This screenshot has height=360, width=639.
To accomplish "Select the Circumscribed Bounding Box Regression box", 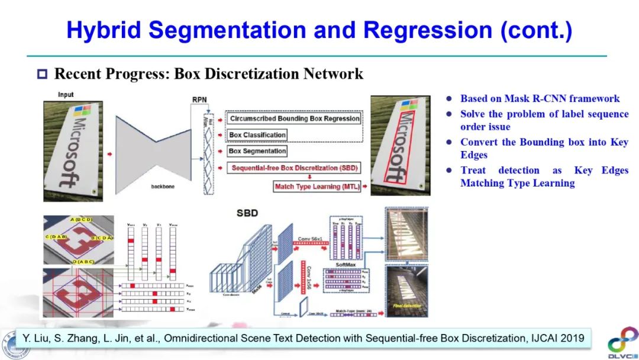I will coord(294,118).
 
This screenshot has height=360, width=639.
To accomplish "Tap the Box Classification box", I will coord(257,135).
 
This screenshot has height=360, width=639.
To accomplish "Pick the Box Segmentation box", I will coord(257,151).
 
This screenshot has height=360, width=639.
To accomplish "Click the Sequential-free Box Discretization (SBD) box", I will coord(294,168).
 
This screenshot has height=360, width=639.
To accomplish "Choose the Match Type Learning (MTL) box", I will coord(316,187).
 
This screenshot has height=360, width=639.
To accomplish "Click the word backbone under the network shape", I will coord(163,187).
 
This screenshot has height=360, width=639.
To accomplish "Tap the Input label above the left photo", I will coord(66,95).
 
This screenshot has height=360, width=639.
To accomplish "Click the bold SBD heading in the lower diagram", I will coord(247,213).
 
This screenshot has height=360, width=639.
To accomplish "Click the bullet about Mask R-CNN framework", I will coord(540,99).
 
